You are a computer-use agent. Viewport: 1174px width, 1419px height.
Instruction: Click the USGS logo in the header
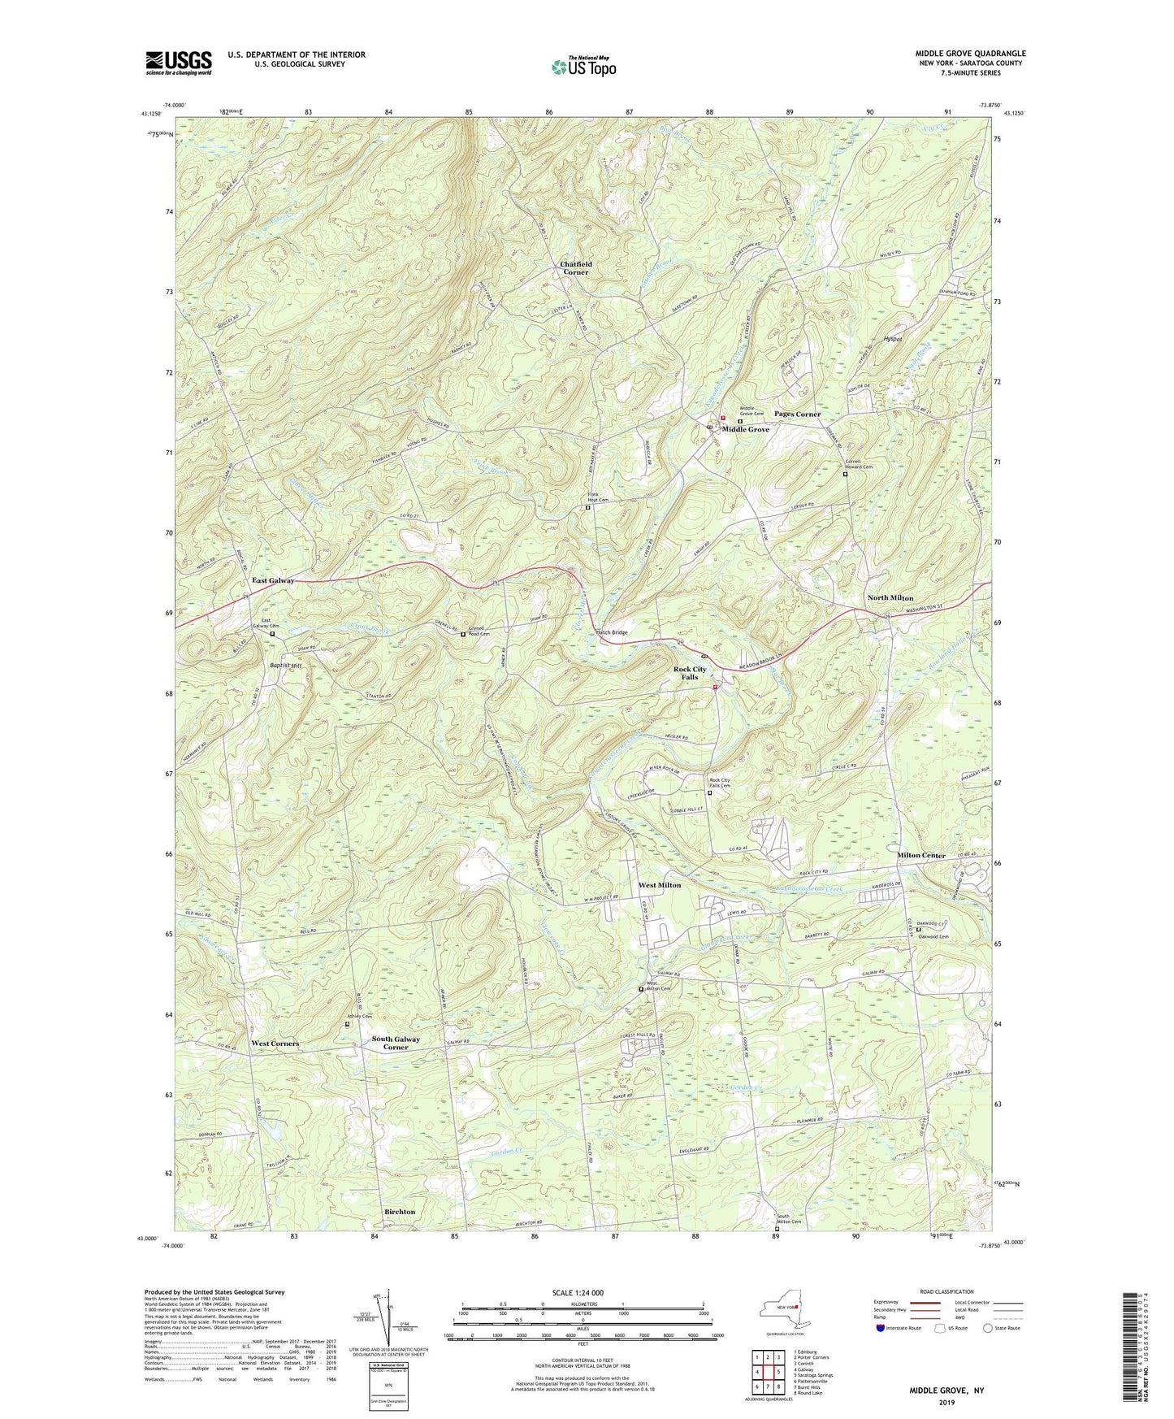click(179, 62)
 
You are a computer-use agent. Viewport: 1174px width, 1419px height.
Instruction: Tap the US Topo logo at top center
click(583, 67)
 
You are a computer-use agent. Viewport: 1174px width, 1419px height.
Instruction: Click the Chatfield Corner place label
click(575, 268)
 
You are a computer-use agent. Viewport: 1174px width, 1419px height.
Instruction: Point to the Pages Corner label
click(797, 414)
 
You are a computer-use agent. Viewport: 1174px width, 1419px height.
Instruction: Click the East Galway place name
click(273, 580)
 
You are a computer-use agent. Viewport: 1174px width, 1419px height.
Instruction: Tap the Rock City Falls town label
click(690, 673)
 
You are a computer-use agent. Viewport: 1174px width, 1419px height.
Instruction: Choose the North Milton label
click(890, 597)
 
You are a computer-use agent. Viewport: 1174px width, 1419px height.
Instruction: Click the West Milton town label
click(659, 885)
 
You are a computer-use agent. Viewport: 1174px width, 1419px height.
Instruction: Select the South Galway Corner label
click(396, 1044)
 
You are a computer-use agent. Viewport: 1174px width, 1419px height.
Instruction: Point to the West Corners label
click(275, 1043)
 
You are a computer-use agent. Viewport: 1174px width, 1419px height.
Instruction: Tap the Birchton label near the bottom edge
click(399, 1211)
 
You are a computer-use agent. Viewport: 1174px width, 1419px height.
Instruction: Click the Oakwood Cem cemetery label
click(943, 936)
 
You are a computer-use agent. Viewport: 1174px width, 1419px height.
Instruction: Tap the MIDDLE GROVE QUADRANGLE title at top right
click(970, 54)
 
